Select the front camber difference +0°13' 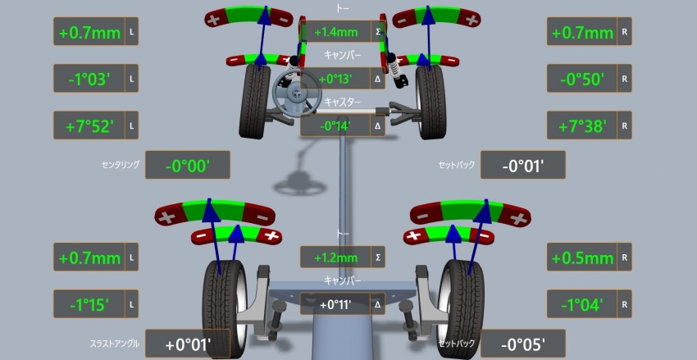335,79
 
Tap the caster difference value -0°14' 335,125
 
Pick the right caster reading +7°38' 582,126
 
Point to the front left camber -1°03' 89,79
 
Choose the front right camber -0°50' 582,79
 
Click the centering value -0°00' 188,166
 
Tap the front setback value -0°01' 523,166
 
